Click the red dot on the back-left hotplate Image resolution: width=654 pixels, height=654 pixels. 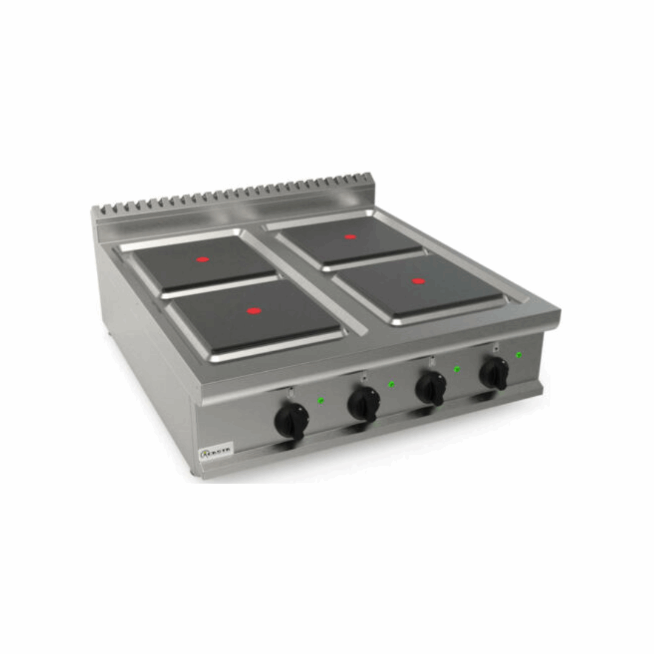click(202, 259)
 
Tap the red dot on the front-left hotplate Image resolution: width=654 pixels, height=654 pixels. click(254, 311)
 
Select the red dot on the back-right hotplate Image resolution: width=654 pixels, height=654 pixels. click(350, 237)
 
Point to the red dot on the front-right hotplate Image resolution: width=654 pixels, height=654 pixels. click(418, 281)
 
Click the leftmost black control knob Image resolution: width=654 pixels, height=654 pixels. click(292, 420)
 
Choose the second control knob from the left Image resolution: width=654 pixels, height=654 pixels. click(364, 403)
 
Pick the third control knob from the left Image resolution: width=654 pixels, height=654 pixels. click(431, 388)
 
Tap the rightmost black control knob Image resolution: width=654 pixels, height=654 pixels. click(494, 373)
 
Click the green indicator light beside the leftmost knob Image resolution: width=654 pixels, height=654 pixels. click(321, 400)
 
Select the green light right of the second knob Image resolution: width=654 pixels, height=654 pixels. click(392, 384)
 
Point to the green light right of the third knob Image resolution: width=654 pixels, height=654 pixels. click(457, 368)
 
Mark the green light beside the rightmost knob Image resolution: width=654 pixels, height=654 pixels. click(518, 354)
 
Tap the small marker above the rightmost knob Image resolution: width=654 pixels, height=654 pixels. click(495, 347)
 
